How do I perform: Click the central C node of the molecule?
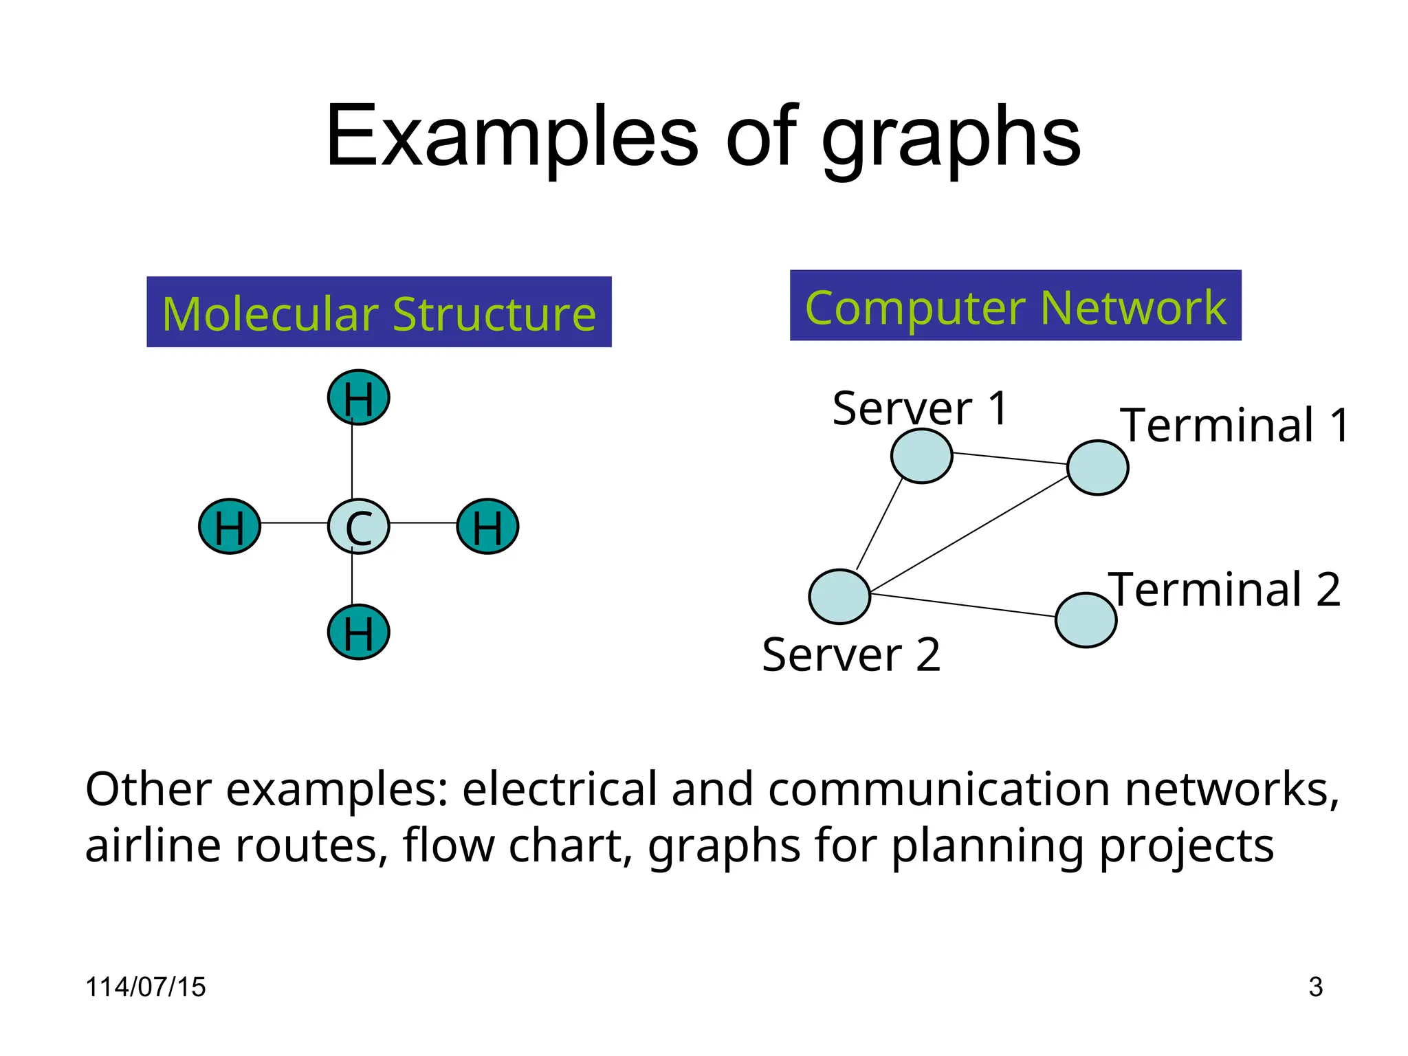(x=358, y=527)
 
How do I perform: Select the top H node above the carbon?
(x=358, y=397)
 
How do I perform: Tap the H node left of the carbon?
(x=230, y=527)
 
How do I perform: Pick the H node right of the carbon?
(x=487, y=527)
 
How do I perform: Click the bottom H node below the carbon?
(x=358, y=632)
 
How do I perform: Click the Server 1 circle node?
(x=921, y=456)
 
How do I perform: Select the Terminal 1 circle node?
(x=1098, y=467)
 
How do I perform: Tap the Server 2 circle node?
(x=839, y=597)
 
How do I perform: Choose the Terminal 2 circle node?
(x=1086, y=620)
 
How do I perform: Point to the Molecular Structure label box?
(x=379, y=312)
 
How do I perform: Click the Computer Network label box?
(x=1015, y=306)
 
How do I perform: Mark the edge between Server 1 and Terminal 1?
(x=1009, y=459)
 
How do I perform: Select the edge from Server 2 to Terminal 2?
(x=962, y=605)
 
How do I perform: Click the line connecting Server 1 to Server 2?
(x=879, y=523)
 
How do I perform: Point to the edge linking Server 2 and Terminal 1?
(x=969, y=534)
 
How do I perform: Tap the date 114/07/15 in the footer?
(x=145, y=987)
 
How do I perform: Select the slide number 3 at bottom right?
(x=1315, y=987)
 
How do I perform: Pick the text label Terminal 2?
(x=1224, y=590)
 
